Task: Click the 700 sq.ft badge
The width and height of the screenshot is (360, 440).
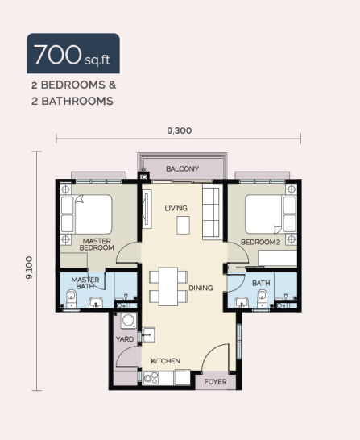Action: [x=73, y=53]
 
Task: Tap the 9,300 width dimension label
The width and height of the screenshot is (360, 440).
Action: [x=180, y=131]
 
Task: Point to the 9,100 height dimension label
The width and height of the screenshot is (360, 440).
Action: [x=29, y=268]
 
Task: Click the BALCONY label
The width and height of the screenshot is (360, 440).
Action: [x=182, y=168]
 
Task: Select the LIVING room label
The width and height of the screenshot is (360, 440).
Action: [x=176, y=208]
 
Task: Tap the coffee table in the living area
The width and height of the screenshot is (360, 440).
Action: [x=183, y=225]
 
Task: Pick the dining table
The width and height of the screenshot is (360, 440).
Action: [x=168, y=287]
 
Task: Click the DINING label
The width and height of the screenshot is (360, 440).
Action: [x=201, y=288]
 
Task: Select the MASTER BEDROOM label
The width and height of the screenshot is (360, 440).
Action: [x=97, y=244]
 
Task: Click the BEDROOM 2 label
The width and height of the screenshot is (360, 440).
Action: [x=260, y=242]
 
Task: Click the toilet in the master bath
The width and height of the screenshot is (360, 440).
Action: [x=71, y=298]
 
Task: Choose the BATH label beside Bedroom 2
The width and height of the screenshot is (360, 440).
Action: [x=261, y=283]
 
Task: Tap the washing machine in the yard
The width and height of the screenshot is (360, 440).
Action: [x=128, y=321]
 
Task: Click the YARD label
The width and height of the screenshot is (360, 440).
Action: [x=125, y=339]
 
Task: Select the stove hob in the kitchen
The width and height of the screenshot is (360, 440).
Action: [x=151, y=378]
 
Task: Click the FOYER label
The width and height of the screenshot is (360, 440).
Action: [x=215, y=382]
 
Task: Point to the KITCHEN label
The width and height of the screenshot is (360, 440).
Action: [x=165, y=361]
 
